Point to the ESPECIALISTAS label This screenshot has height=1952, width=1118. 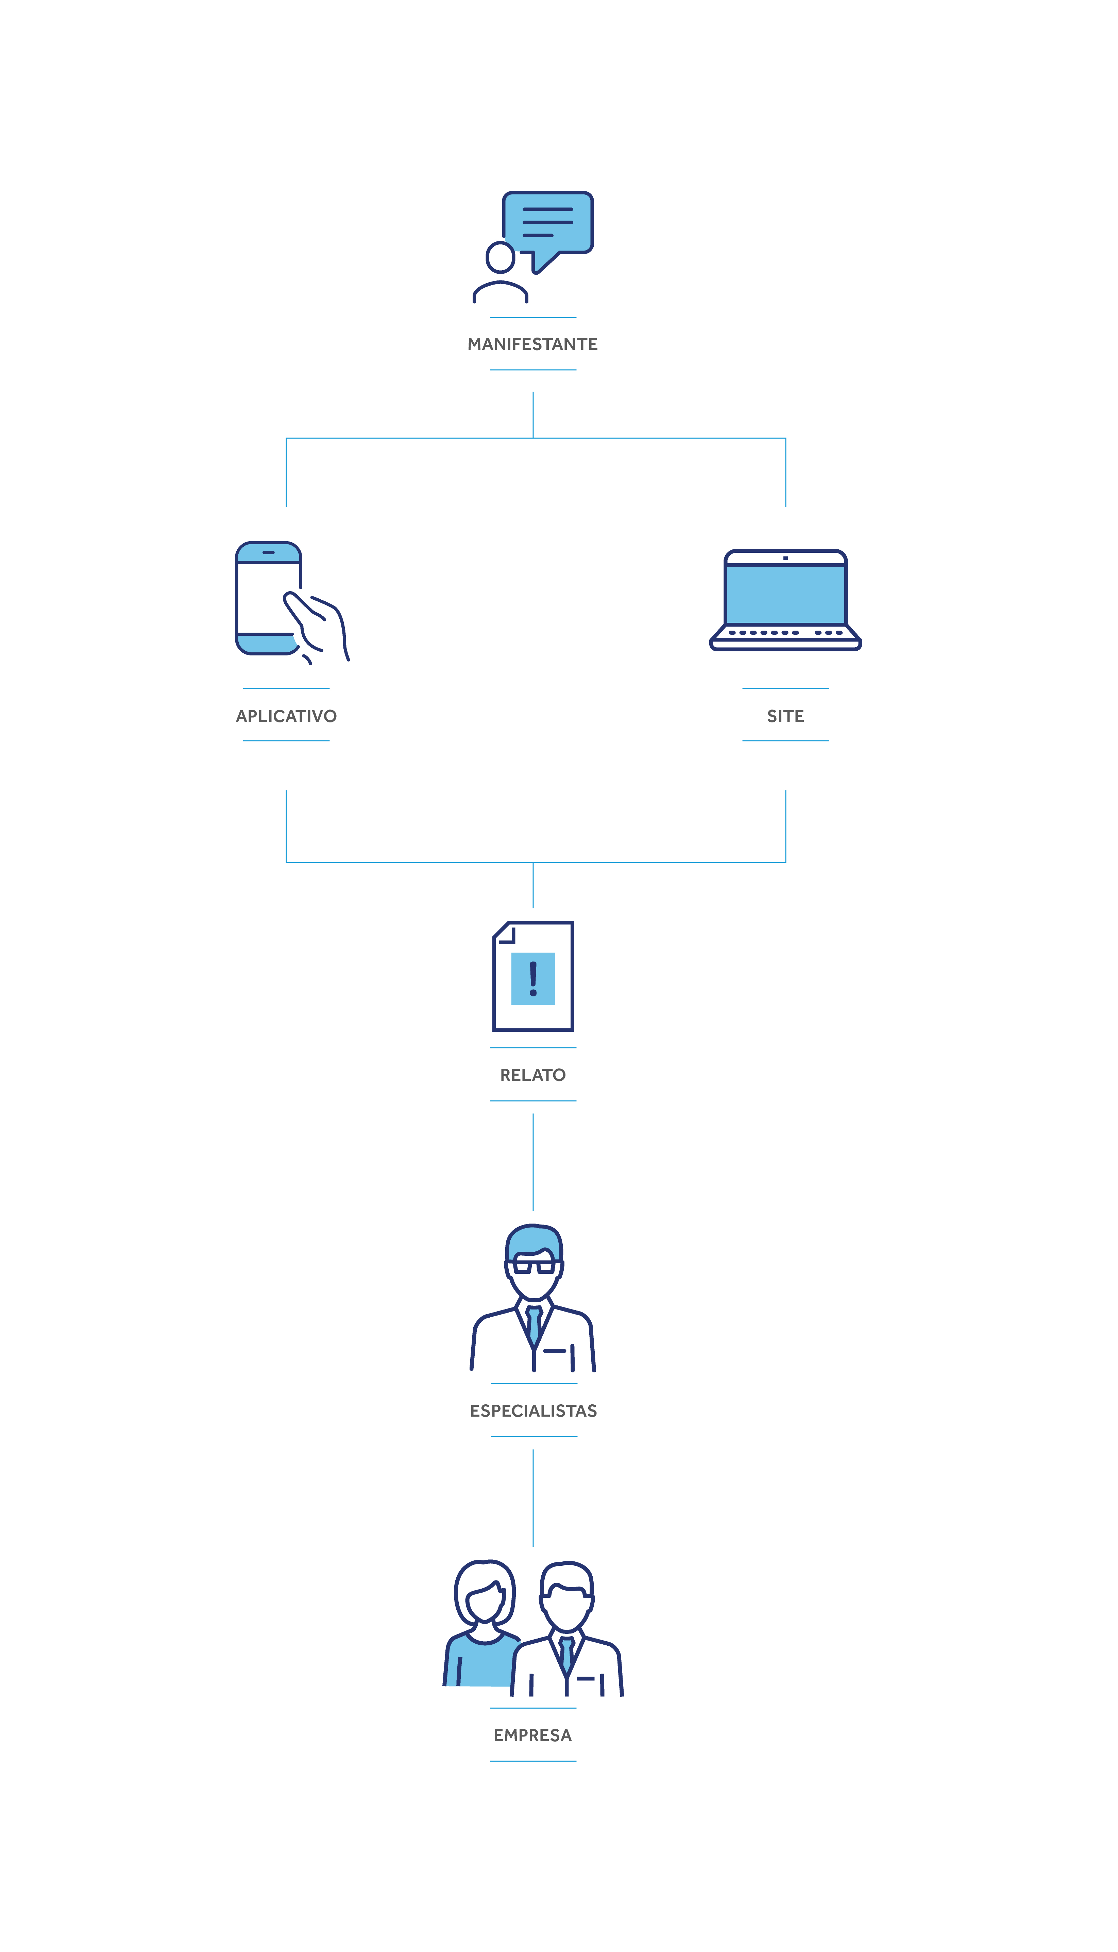tap(533, 1411)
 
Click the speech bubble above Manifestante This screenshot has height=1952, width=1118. tap(547, 223)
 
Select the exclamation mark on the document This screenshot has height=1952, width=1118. tap(533, 978)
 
